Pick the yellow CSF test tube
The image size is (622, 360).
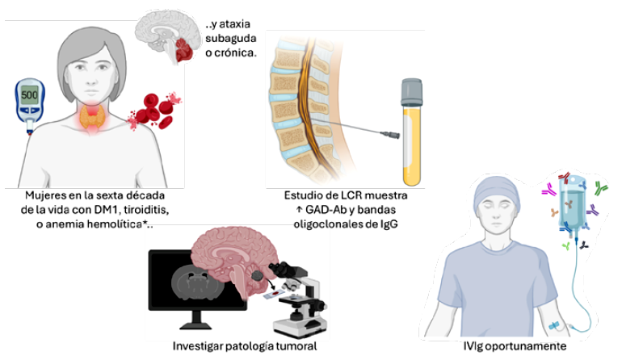pos(412,132)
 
